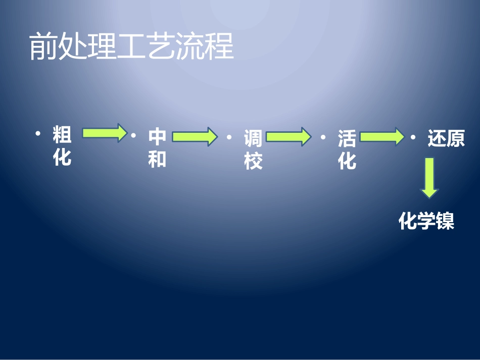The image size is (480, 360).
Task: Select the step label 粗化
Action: pyautogui.click(x=62, y=146)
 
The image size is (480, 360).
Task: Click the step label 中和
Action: pyautogui.click(x=157, y=148)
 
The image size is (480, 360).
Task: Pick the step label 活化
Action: pyautogui.click(x=347, y=149)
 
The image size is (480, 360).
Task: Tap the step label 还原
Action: pyautogui.click(x=446, y=138)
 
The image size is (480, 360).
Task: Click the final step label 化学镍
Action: pyautogui.click(x=427, y=221)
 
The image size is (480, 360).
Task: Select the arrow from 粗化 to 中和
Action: pyautogui.click(x=104, y=133)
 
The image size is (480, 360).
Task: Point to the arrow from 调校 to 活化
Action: pyautogui.click(x=289, y=136)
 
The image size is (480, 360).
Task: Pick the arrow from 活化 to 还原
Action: pyautogui.click(x=382, y=136)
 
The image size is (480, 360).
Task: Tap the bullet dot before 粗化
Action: pyautogui.click(x=38, y=133)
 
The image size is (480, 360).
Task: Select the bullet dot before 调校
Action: pyautogui.click(x=229, y=137)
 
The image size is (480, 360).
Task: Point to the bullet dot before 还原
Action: pyautogui.click(x=414, y=137)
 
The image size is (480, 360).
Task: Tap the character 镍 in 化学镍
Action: pyautogui.click(x=446, y=221)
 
